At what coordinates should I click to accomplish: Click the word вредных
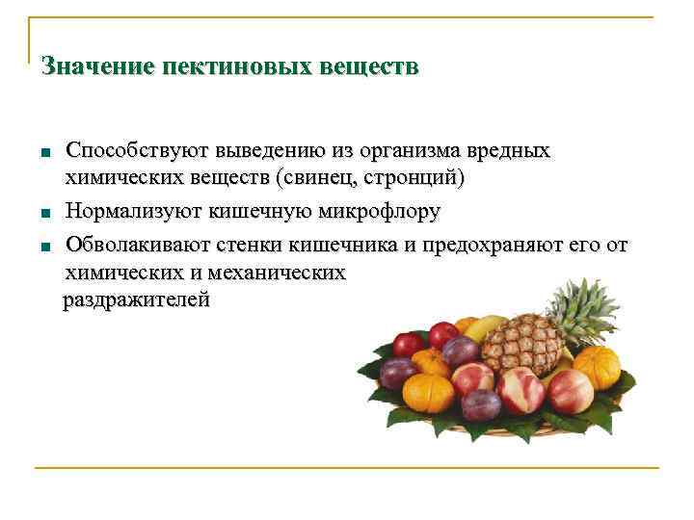[x=508, y=152]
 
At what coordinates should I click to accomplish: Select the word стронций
[x=420, y=178]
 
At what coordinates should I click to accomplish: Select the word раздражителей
[x=136, y=300]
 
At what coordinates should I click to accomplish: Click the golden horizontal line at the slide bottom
[x=347, y=469]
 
